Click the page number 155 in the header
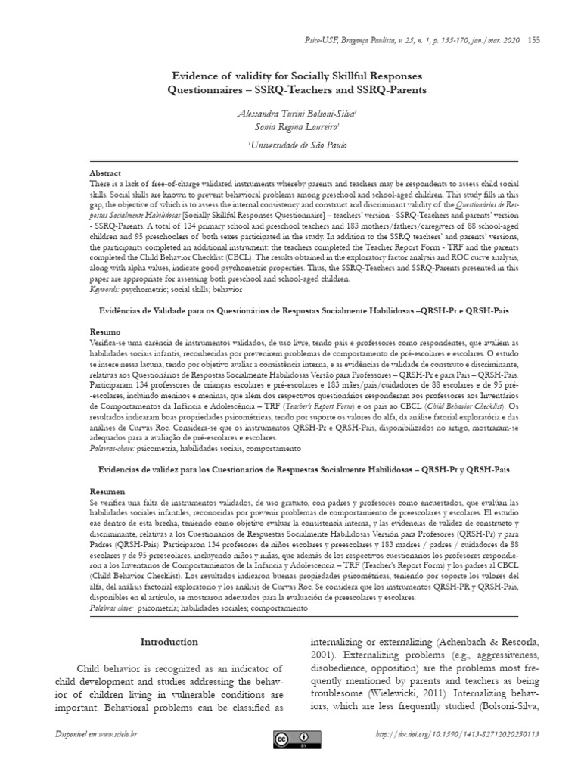point(533,39)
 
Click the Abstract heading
point(105,173)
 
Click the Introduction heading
point(170,642)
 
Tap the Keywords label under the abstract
point(107,289)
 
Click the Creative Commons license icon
point(290,737)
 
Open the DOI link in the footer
point(464,736)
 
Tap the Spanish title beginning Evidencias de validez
point(291,470)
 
